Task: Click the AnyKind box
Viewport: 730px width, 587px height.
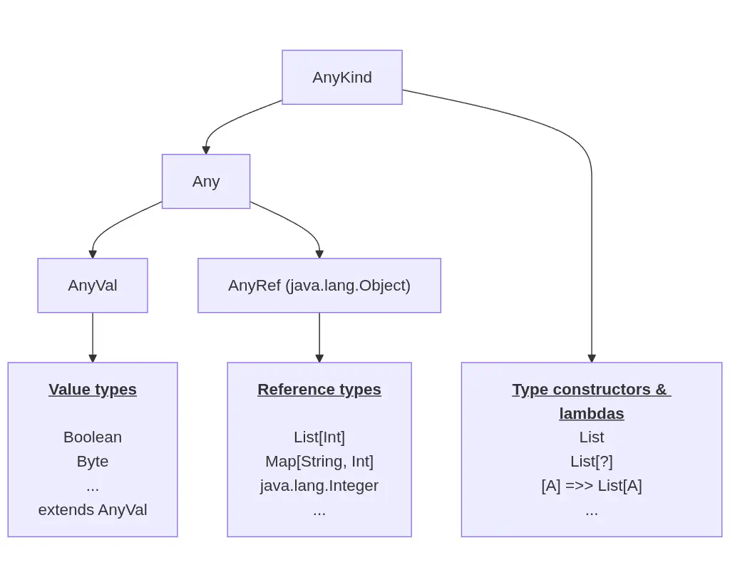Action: tap(342, 77)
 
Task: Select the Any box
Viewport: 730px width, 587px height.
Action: tap(206, 181)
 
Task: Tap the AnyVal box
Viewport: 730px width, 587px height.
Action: tap(93, 285)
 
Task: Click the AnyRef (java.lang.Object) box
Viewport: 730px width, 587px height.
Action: tap(319, 285)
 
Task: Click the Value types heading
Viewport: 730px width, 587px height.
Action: tap(93, 389)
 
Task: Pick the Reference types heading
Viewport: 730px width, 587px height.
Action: tap(319, 389)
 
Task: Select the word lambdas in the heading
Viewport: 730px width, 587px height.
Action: tap(592, 413)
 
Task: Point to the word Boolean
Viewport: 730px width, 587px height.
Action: tap(93, 437)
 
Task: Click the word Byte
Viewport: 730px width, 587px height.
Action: tap(93, 461)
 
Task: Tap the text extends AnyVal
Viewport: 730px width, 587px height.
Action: tap(93, 509)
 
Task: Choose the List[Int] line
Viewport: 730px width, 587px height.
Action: tap(319, 437)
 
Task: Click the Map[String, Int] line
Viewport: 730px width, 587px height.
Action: tap(319, 461)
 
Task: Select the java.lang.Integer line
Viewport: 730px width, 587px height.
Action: tap(319, 485)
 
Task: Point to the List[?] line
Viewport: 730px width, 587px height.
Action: tap(592, 461)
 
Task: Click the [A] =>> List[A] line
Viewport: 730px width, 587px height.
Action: tap(592, 485)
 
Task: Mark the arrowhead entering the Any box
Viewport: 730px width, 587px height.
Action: tap(206, 150)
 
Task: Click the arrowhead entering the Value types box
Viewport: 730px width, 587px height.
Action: tap(93, 358)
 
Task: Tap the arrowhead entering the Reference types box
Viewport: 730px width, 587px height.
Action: tap(319, 358)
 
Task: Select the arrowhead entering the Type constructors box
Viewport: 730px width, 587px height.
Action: tap(592, 358)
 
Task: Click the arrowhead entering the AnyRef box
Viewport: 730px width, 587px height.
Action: tap(319, 254)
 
